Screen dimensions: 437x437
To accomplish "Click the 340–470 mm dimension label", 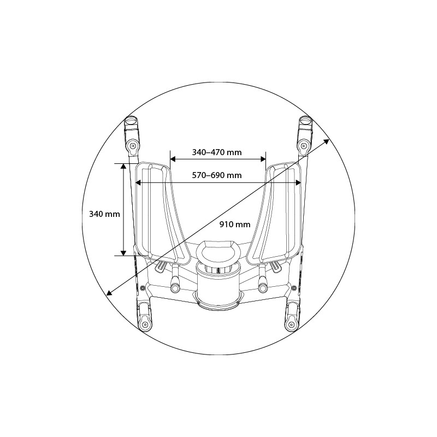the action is coord(217,152).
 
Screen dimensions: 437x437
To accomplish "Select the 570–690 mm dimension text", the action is coord(217,175).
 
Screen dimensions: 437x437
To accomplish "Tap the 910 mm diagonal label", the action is coord(235,225).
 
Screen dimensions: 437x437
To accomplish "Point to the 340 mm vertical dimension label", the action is coord(104,214).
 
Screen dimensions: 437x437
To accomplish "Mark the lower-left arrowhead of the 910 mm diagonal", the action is coord(110,292).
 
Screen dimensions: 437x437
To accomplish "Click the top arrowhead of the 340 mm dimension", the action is coord(123,166).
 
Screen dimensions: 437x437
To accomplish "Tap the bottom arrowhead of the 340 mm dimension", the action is coord(123,253).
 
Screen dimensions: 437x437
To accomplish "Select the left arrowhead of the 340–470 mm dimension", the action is coord(173,159).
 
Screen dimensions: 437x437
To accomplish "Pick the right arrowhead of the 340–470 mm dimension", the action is coord(263,159).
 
